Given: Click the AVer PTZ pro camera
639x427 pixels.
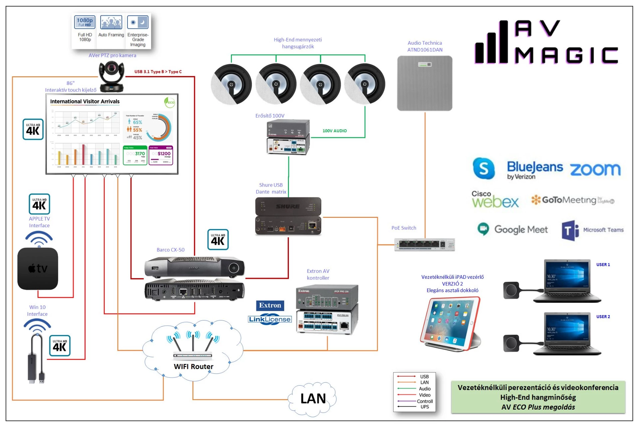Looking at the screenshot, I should tap(112, 77).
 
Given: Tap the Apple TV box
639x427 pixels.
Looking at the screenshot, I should tap(38, 268).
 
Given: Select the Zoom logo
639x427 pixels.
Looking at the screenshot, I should tap(595, 169).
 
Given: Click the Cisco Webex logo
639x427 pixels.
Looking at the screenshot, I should tap(495, 200).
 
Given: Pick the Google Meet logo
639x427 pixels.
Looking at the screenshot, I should tap(513, 229).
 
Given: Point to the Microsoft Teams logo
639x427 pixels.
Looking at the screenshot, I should tap(592, 230).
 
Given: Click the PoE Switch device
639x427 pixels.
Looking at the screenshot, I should tap(424, 244).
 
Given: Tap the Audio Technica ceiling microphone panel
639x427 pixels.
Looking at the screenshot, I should tap(425, 83).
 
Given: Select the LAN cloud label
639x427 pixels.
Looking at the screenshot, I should tap(313, 398).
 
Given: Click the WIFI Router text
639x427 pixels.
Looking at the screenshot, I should tap(193, 366).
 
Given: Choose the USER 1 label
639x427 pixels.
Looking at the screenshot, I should tap(603, 265).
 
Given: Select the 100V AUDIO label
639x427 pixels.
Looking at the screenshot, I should tap(334, 131).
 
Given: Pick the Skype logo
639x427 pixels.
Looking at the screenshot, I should tap(484, 168).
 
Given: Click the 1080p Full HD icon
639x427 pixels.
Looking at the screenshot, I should tap(85, 22).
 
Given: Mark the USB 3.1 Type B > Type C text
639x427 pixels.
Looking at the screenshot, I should tap(158, 72).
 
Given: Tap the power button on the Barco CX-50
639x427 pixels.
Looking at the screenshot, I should tap(234, 268).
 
